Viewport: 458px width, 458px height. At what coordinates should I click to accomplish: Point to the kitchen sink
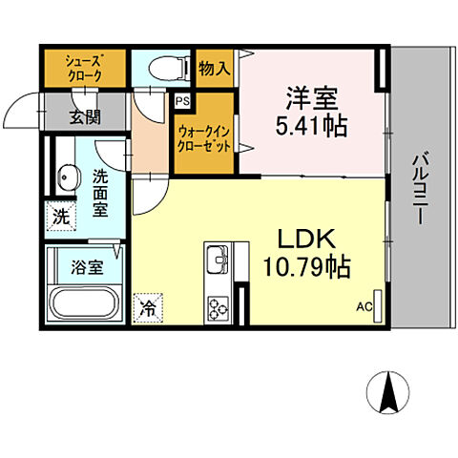[x=216, y=259]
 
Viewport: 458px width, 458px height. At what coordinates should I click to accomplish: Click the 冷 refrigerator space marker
[x=148, y=306]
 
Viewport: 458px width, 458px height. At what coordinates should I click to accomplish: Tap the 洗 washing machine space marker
[x=60, y=216]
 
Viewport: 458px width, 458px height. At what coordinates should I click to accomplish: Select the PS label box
[x=181, y=99]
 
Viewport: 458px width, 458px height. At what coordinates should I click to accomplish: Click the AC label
[x=364, y=307]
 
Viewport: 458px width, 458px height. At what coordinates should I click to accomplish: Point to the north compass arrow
[x=389, y=391]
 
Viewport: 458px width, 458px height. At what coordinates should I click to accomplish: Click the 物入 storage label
[x=213, y=68]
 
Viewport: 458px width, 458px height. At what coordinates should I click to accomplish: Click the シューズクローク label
[x=82, y=66]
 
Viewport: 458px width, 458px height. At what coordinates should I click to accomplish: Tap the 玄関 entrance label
[x=83, y=117]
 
